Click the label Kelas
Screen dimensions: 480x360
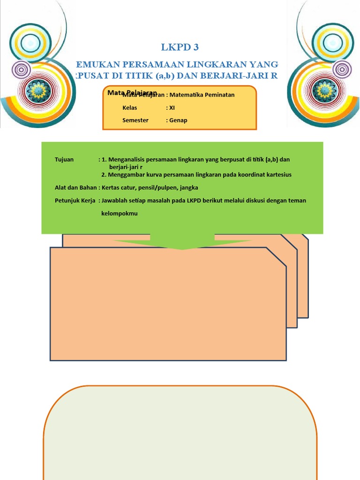[x=129, y=107]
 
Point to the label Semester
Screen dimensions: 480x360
[x=135, y=120]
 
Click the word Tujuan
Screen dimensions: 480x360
[x=64, y=159]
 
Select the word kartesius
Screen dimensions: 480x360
[x=277, y=175]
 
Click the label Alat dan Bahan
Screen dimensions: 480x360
[x=75, y=187]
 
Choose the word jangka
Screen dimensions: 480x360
[x=189, y=187]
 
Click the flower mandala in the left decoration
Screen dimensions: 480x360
[x=37, y=89]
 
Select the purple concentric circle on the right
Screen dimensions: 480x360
[x=342, y=69]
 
